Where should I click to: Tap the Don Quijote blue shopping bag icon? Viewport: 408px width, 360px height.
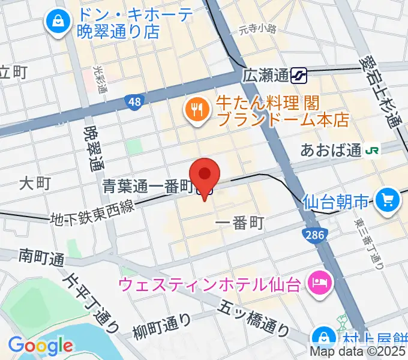point(58,22)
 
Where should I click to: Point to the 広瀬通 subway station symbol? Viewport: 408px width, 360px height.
point(299,76)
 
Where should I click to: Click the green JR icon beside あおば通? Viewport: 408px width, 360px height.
point(373,151)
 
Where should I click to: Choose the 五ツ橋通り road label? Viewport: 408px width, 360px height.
point(252,318)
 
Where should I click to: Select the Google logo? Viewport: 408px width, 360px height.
point(40,346)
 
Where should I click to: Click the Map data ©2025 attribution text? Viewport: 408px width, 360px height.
point(358,352)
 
